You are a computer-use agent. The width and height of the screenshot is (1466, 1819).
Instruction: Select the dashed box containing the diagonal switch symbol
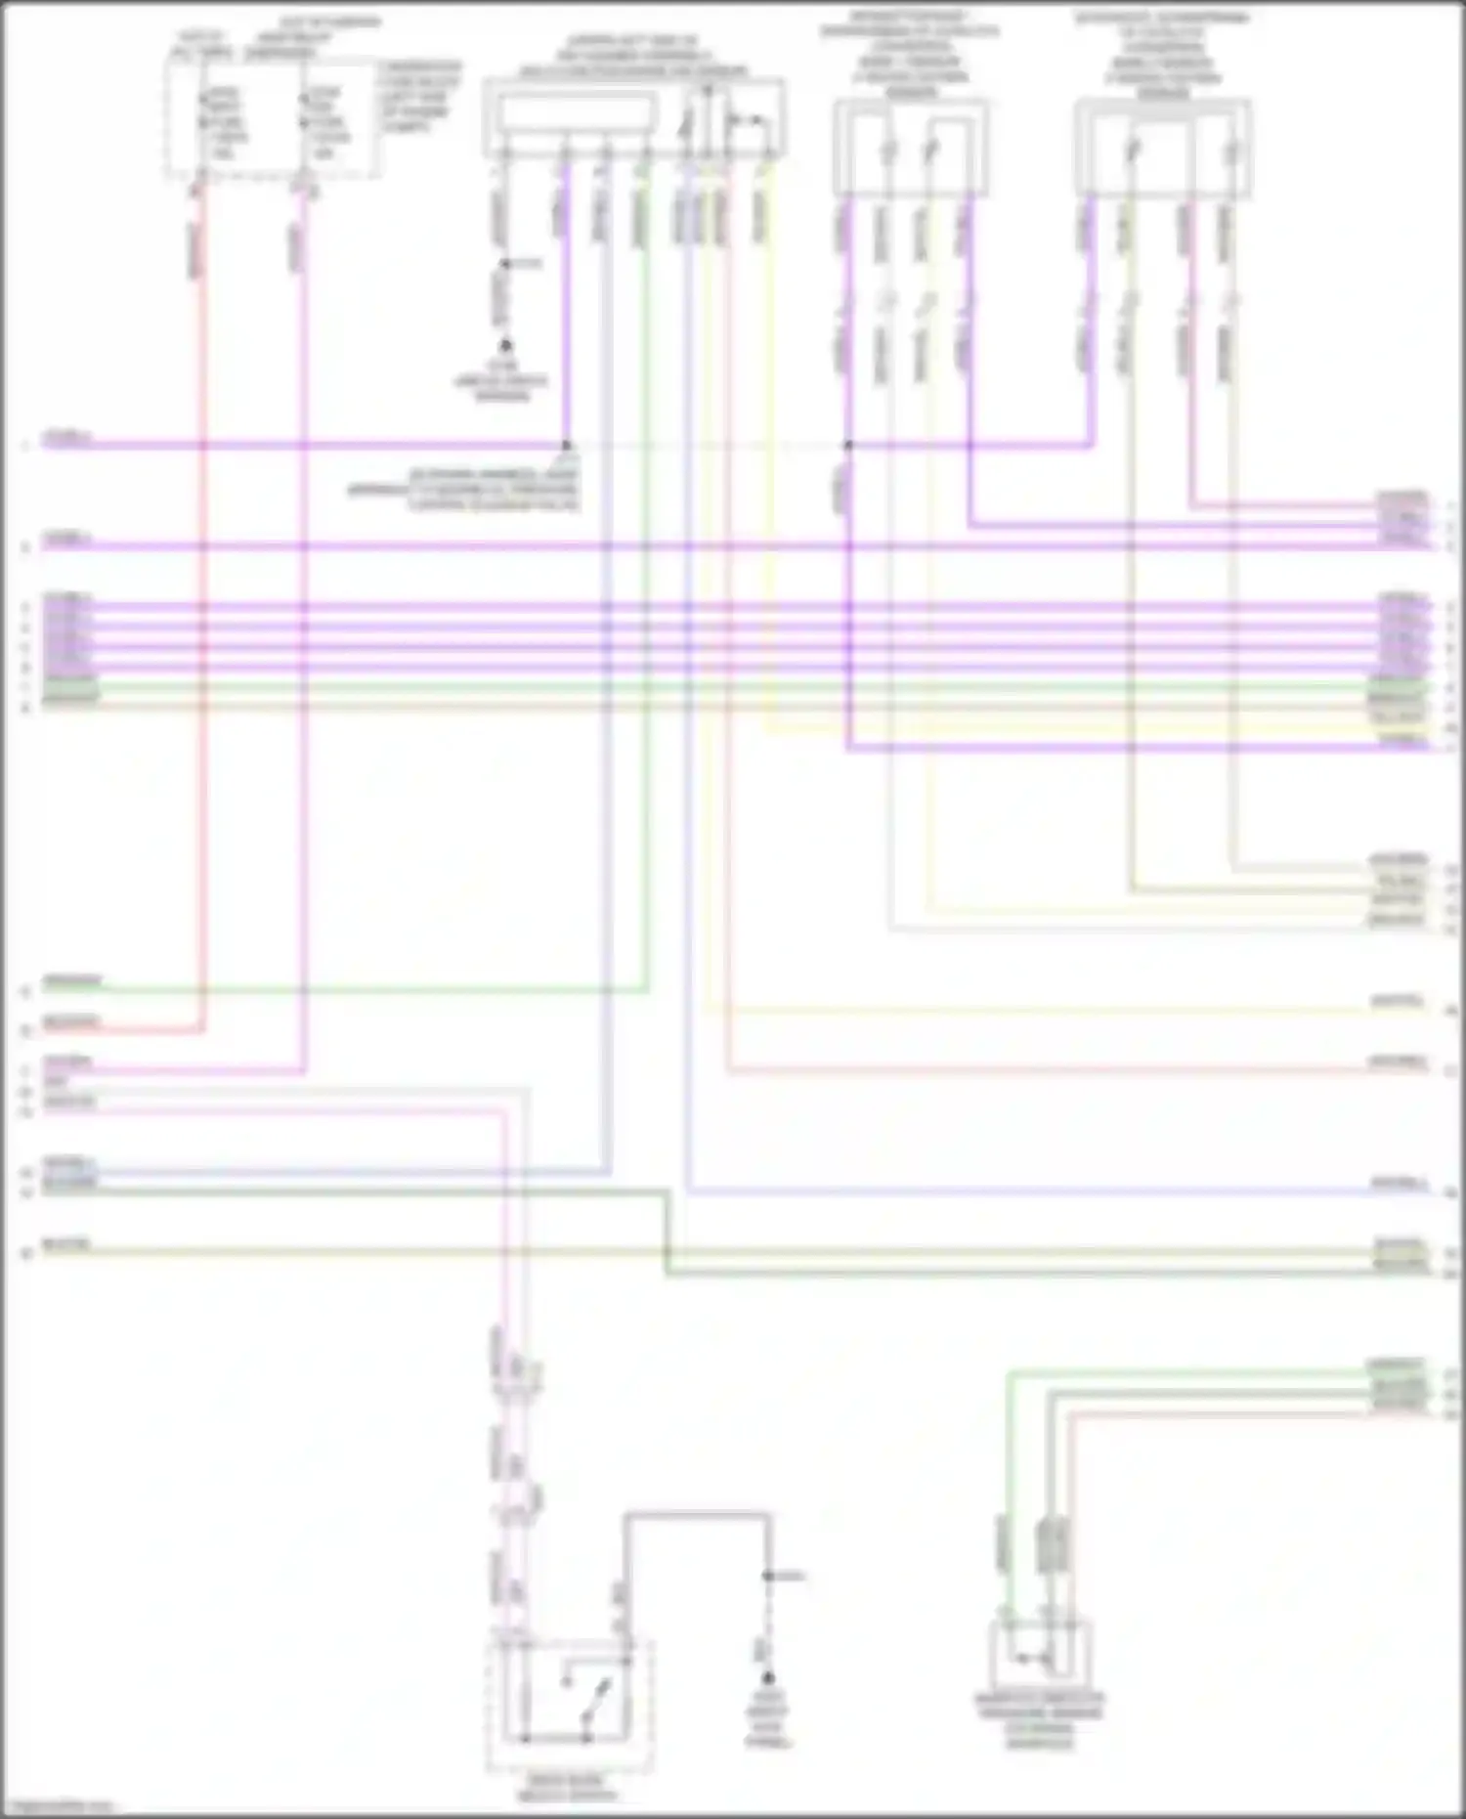(x=570, y=1706)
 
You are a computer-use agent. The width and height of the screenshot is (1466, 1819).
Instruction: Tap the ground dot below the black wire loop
(x=768, y=1677)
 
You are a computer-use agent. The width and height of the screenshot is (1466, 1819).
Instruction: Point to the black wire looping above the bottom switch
(x=696, y=1516)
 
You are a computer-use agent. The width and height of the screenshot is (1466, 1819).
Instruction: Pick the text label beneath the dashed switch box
(x=568, y=1788)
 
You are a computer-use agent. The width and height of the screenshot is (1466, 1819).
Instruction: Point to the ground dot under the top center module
(x=505, y=346)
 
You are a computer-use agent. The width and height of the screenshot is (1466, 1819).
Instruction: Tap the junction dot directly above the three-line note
(x=566, y=447)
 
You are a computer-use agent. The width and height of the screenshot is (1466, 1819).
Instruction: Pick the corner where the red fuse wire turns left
(x=202, y=1029)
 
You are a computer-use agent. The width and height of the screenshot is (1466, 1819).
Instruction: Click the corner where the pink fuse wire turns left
(x=304, y=1072)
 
